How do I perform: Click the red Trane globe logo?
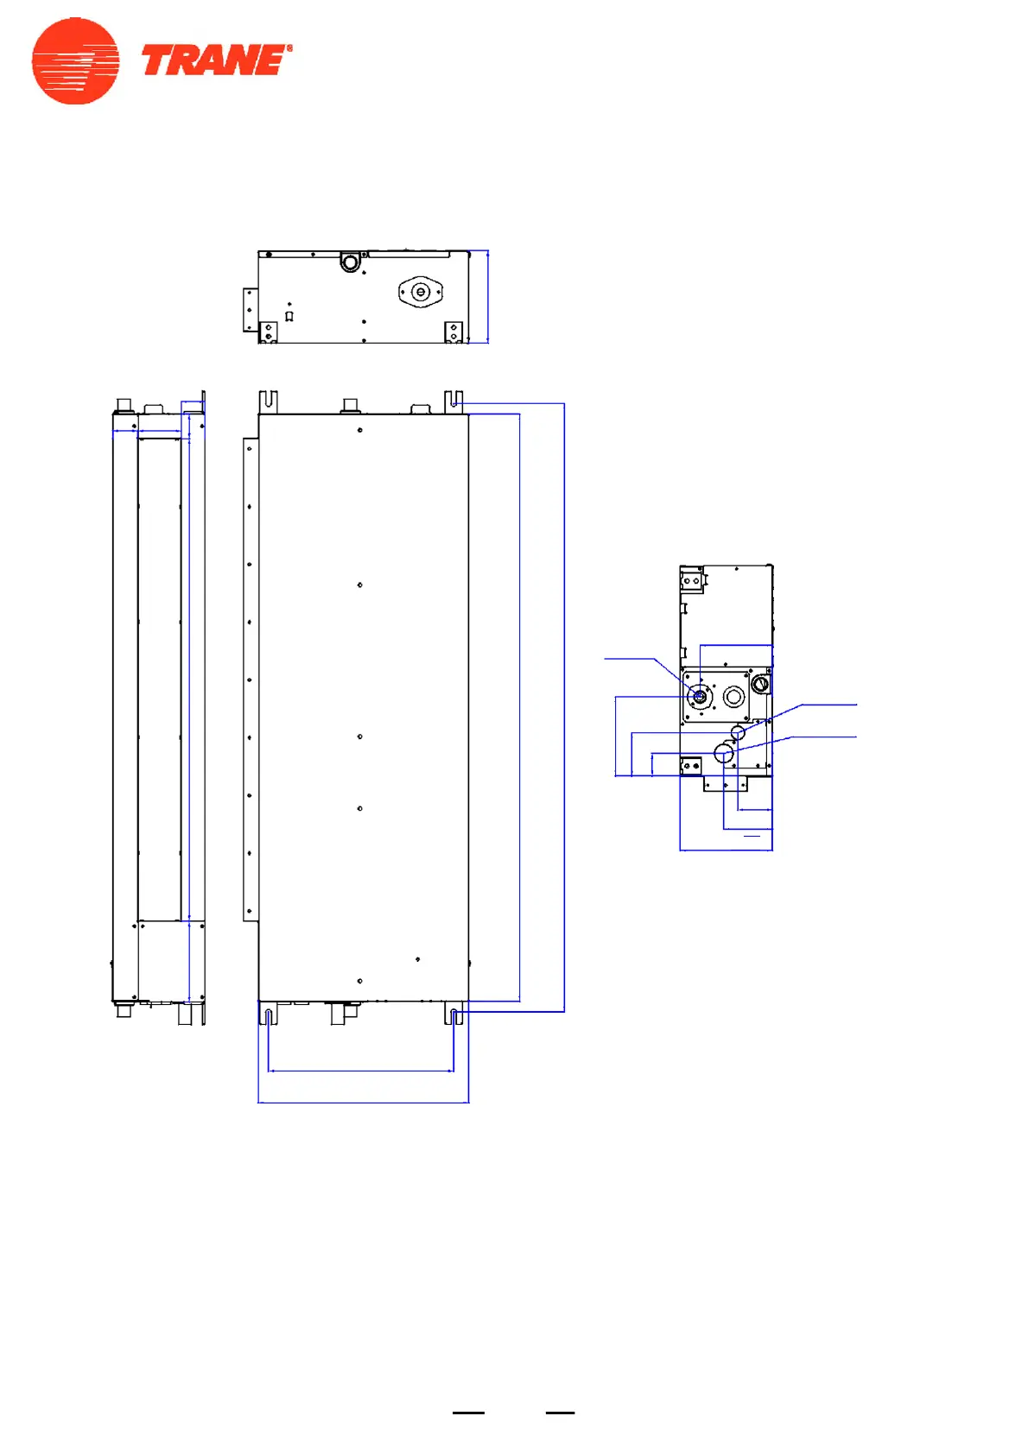[x=75, y=61]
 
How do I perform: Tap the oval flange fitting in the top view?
[x=420, y=292]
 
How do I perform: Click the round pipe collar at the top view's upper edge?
[x=350, y=262]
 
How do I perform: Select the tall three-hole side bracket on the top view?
[x=251, y=310]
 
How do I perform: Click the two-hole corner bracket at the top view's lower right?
[x=454, y=332]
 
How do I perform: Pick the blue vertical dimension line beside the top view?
[x=488, y=296]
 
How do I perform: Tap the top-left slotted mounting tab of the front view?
[x=268, y=401]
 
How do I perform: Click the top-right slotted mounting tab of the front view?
[x=454, y=401]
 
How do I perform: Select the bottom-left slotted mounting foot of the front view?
[x=268, y=1014]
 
